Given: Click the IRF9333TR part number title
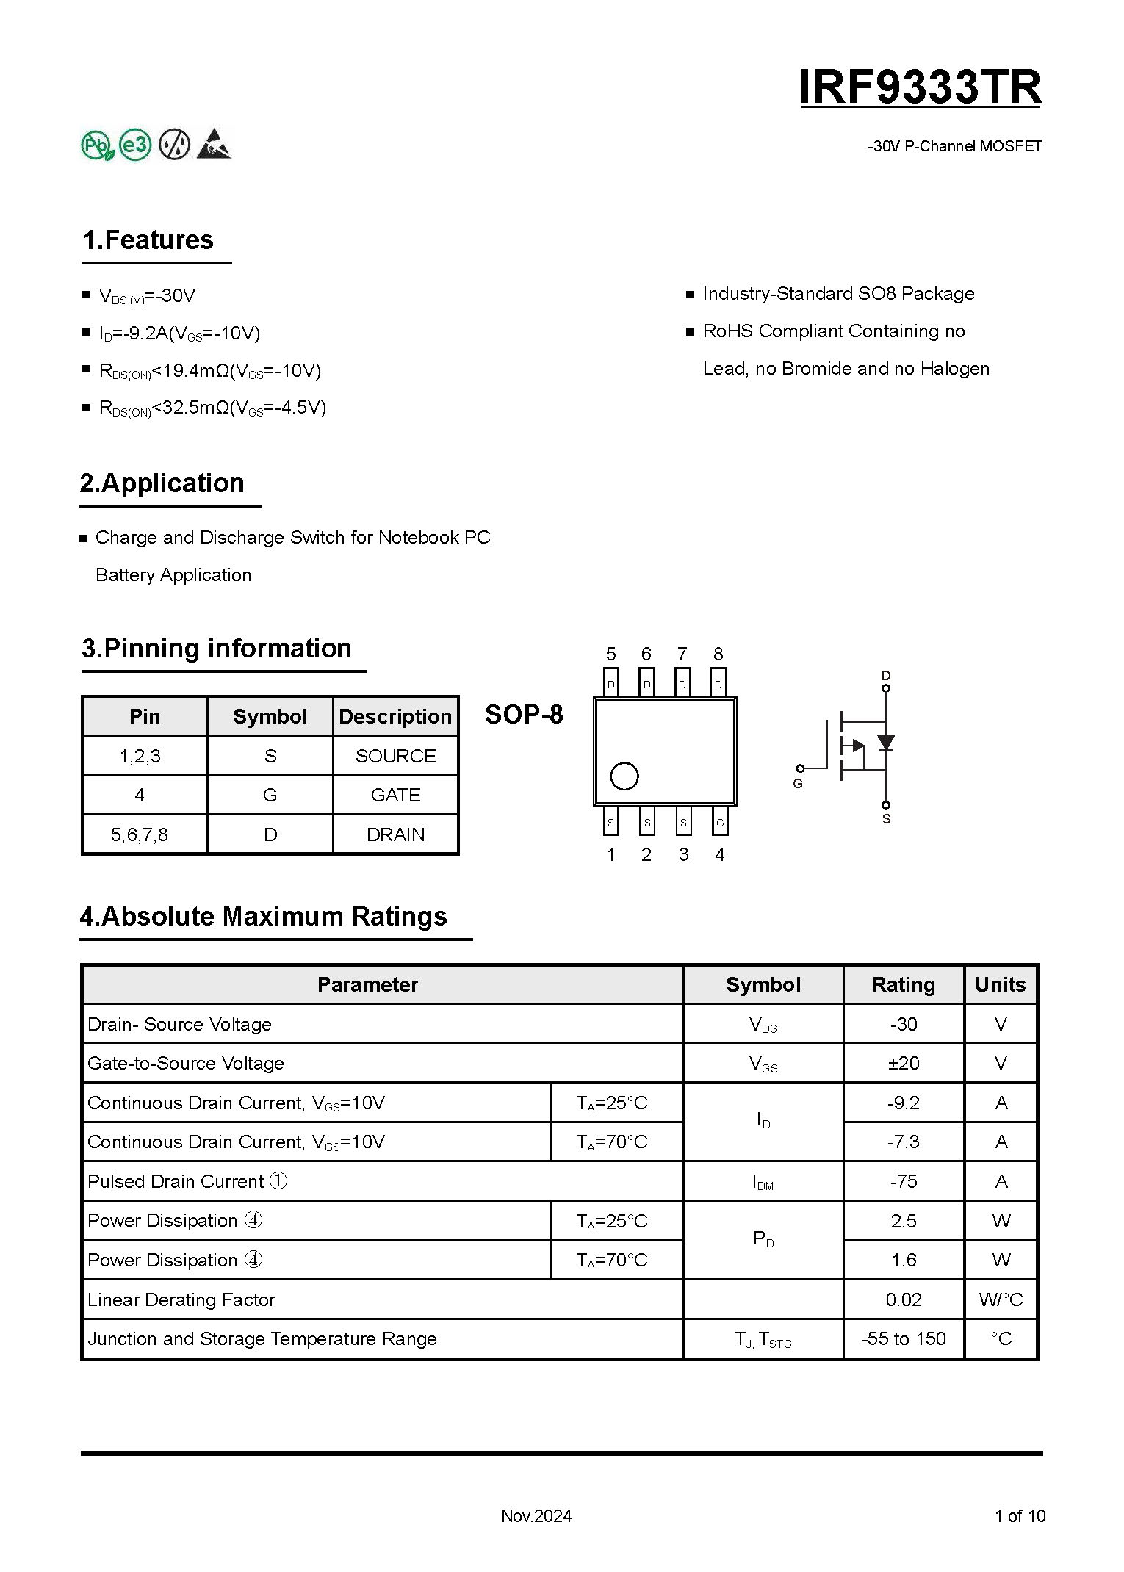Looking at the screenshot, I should coord(920,87).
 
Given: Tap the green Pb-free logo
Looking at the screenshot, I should coord(97,145).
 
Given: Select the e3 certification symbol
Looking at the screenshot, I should coord(135,145).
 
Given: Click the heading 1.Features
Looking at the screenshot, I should coord(148,240).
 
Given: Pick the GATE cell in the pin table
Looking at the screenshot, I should coord(395,795).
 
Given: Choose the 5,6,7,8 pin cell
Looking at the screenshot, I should coord(140,834).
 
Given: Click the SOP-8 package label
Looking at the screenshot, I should coord(524,714).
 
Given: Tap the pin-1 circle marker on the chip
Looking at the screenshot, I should coord(624,776).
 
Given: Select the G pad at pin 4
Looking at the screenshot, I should coord(720,823).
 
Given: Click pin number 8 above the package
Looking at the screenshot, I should coord(718,654).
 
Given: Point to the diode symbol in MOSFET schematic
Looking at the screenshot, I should coord(886,743).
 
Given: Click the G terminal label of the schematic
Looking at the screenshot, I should coord(798,784).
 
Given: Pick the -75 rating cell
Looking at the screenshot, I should coord(903,1181).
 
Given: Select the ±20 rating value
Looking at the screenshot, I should coord(903,1063).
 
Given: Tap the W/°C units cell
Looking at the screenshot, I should coord(1001,1299).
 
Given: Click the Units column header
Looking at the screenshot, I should coord(1000,984).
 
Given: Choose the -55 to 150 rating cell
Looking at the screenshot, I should coord(903,1338).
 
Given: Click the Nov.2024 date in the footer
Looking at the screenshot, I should coord(536,1515).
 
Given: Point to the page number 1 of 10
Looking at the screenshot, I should coord(1020,1515).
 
